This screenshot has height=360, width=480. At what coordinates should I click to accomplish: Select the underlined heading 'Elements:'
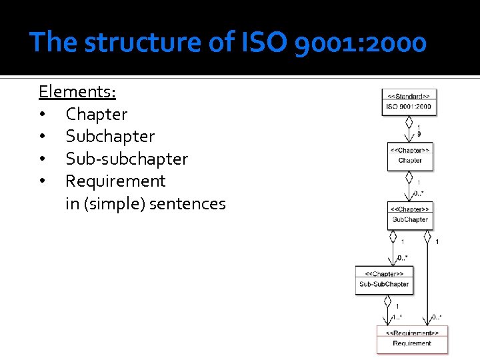pyautogui.click(x=77, y=91)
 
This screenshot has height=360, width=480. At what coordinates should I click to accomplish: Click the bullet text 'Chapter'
pyautogui.click(x=96, y=114)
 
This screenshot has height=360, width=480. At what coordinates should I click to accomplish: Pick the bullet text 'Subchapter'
pyautogui.click(x=110, y=137)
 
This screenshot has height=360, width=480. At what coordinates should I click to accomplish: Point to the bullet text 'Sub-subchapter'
pyautogui.click(x=127, y=159)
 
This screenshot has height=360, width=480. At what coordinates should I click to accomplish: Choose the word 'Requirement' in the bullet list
pyautogui.click(x=115, y=181)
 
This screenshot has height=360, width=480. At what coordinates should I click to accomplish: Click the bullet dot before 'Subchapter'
pyautogui.click(x=43, y=137)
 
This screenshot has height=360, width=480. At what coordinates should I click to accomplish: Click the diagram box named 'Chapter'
pyautogui.click(x=409, y=156)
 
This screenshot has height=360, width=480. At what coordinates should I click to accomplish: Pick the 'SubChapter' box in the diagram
pyautogui.click(x=410, y=215)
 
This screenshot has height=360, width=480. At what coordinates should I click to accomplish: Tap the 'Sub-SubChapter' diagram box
pyautogui.click(x=384, y=280)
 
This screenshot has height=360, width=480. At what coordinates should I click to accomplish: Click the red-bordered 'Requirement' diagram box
pyautogui.click(x=412, y=339)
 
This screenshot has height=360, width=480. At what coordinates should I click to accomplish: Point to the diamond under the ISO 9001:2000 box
pyautogui.click(x=409, y=122)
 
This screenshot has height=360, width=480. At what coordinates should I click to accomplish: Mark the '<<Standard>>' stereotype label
pyautogui.click(x=409, y=95)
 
